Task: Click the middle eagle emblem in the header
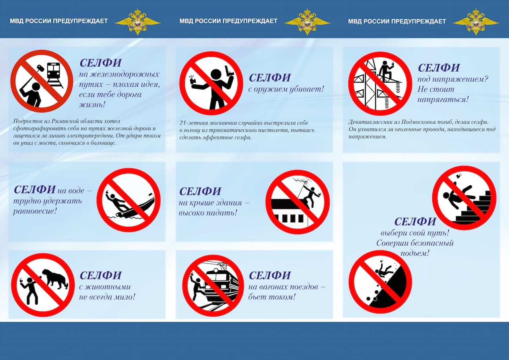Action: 307,21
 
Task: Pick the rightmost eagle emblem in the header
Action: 476,21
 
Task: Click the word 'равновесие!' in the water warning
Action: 35,210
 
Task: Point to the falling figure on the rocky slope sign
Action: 384,270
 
